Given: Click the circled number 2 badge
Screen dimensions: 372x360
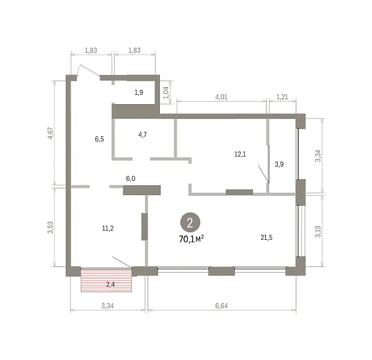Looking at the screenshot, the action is point(190,222).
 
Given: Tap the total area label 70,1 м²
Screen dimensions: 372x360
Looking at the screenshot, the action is point(192,239).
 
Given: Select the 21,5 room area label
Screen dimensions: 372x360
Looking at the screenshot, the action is point(267,237).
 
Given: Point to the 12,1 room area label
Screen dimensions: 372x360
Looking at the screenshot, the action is point(240,154).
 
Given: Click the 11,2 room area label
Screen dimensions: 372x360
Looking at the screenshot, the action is point(108,229).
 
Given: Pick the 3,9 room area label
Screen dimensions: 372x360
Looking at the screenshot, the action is point(279,164).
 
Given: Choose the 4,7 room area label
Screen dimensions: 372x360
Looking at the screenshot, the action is point(143,134).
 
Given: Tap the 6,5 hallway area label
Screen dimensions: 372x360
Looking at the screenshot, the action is point(99,139).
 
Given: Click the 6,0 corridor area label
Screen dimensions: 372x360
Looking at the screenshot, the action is point(131,178).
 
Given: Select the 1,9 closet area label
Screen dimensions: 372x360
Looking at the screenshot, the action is point(139,92).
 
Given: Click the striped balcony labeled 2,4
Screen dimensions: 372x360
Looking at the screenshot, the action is point(106,281).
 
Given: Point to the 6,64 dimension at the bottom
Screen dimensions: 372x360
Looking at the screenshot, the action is point(221,305).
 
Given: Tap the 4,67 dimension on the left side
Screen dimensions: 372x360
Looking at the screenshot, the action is point(51,133).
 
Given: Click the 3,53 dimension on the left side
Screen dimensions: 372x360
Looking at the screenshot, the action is point(51,227).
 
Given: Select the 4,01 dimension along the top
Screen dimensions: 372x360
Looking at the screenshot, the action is point(221,97).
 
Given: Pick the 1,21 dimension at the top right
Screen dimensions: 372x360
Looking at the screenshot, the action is point(282,97).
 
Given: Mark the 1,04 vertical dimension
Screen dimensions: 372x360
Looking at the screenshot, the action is point(166,92).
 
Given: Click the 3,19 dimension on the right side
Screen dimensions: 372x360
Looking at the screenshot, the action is point(318,232).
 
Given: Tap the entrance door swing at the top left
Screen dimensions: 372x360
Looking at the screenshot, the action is point(89,70).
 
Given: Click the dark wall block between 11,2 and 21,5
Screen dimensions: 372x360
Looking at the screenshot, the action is point(144,227).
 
